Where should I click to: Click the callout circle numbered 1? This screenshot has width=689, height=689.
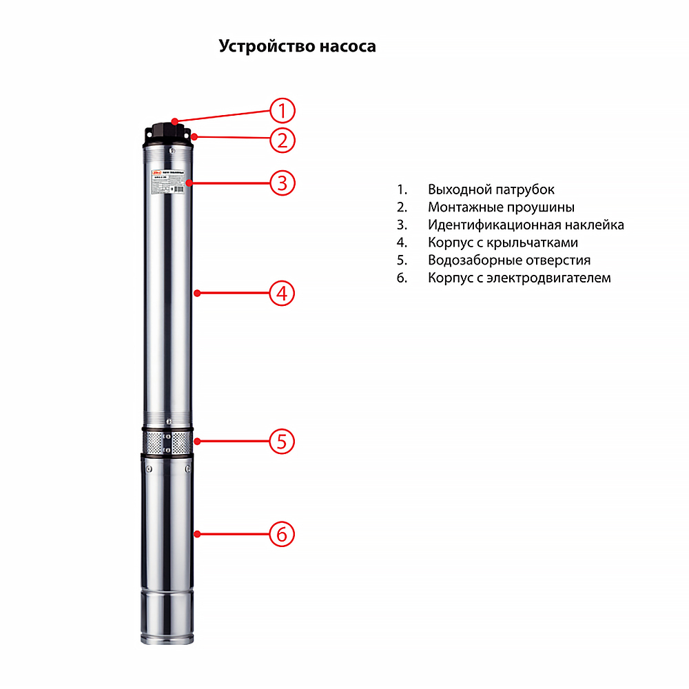coord(282,111)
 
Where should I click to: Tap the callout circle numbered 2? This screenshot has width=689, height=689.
coord(282,141)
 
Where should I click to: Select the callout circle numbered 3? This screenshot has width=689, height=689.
coord(282,183)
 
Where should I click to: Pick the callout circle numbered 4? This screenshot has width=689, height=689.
coord(282,294)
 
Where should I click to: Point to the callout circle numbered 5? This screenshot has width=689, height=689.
coord(282,441)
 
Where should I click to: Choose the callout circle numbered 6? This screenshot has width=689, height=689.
coord(282,534)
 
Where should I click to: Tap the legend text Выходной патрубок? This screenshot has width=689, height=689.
coord(491,189)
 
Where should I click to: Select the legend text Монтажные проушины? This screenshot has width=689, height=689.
coord(501,207)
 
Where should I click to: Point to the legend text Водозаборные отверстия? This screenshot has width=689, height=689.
coord(509,260)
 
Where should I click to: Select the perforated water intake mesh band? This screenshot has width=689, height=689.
coord(169,442)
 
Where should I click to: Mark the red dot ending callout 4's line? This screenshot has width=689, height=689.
coord(197,294)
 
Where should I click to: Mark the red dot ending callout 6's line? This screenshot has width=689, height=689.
coord(197,534)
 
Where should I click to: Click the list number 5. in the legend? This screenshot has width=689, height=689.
coord(402,260)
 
